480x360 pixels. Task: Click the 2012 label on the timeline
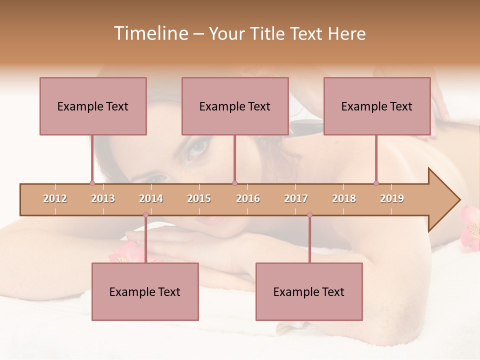pos(55,198)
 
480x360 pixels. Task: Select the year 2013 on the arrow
pos(103,198)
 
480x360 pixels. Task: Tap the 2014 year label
pos(151,198)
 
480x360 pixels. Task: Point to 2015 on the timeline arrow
pos(199,198)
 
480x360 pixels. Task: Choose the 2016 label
pos(248,198)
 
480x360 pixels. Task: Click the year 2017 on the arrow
pos(296,198)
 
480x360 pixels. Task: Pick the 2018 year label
pos(344,198)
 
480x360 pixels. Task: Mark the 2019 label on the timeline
pos(392,198)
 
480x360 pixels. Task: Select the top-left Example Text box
pos(93,106)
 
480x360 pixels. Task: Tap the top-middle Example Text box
pos(235,106)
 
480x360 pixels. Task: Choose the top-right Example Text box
pos(377,106)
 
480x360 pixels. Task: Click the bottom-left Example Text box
pos(145,291)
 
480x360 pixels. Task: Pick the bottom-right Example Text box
pos(309,291)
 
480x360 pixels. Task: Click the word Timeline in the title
pos(150,33)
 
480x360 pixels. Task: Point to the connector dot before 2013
pos(92,183)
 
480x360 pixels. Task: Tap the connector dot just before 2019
pos(376,183)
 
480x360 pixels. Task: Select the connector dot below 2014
pos(145,215)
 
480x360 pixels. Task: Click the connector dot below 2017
pos(309,215)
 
